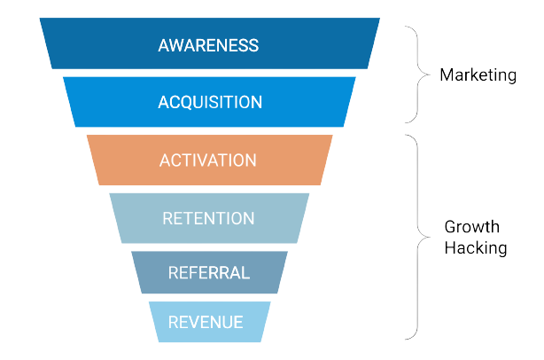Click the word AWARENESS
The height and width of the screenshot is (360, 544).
point(209,44)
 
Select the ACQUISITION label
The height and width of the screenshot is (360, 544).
point(209,102)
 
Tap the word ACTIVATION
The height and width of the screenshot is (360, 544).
point(208,160)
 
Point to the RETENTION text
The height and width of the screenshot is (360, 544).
point(208,218)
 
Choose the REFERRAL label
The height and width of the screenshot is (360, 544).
point(209,272)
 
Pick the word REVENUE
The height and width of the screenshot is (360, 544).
point(206,322)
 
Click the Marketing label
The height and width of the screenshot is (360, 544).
point(478,75)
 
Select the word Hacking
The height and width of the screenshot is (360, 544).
point(475,249)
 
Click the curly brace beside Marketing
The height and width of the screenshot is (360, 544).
point(413,75)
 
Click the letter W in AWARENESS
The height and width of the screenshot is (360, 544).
point(178,44)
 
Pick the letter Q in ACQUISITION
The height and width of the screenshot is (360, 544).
point(188,102)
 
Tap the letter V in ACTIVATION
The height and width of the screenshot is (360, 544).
point(216,160)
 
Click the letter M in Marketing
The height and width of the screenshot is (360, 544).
point(447,75)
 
